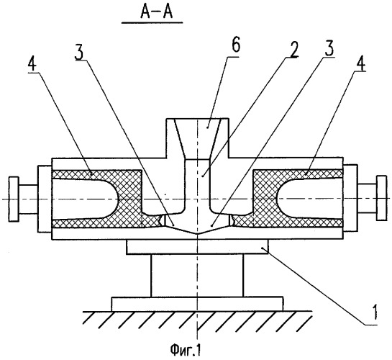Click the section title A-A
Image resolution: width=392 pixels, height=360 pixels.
157,13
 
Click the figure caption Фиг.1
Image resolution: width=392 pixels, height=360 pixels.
186,350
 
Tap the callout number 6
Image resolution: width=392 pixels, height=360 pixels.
235,46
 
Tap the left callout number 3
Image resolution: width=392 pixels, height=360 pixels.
79,51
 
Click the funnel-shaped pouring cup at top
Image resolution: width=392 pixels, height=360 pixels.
198,138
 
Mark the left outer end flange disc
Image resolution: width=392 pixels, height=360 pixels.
14,199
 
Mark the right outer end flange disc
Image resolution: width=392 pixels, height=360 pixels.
382,198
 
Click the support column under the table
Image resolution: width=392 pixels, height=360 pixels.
197,276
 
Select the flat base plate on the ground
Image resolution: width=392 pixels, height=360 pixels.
198,304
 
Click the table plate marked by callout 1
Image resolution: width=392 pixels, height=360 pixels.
197,247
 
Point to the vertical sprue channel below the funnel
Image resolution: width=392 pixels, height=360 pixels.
198,185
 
